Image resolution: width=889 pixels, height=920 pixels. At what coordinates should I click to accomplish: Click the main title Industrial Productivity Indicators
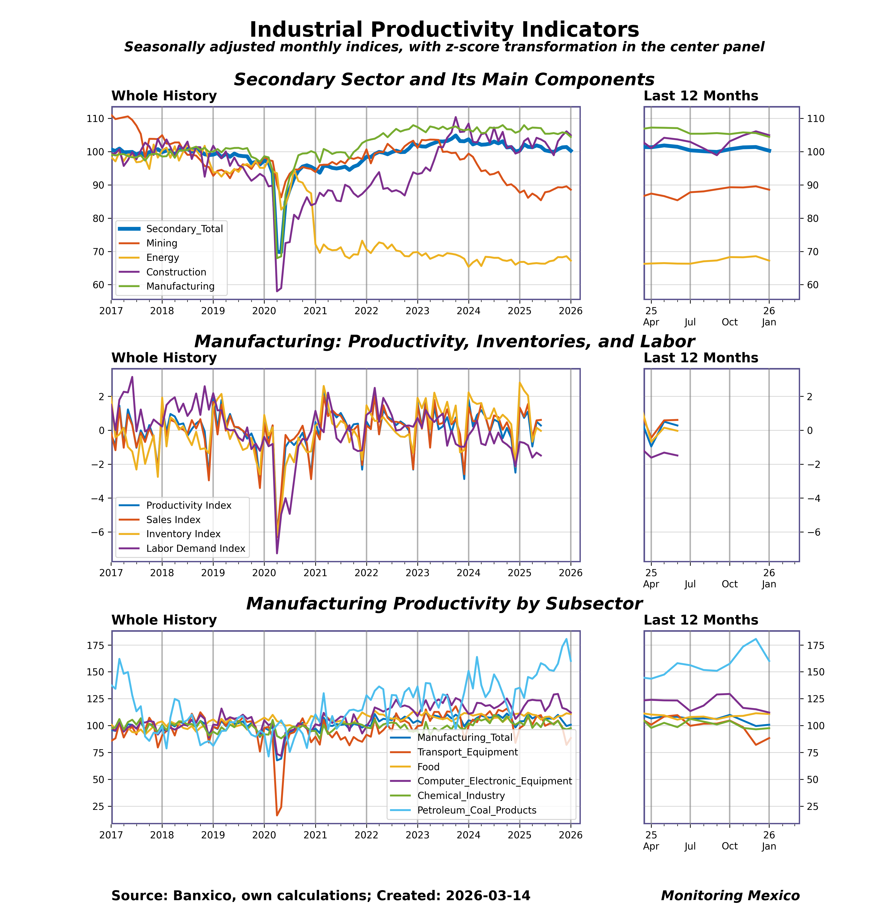click(444, 30)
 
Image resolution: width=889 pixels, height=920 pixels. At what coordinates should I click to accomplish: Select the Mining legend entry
click(161, 243)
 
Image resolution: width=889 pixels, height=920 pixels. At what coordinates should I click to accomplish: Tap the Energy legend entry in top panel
click(162, 258)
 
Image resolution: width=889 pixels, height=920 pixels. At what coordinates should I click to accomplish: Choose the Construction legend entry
click(176, 272)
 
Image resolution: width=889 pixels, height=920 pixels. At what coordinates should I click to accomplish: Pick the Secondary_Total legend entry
click(184, 229)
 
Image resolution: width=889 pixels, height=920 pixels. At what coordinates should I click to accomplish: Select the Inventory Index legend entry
click(183, 534)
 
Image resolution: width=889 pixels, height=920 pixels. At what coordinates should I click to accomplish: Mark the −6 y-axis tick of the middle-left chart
click(95, 532)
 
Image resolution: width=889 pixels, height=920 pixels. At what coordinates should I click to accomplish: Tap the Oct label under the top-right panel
click(729, 322)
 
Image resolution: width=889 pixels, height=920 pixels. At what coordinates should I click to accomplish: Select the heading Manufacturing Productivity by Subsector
click(444, 604)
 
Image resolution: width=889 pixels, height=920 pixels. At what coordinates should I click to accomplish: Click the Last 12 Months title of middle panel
click(700, 358)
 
